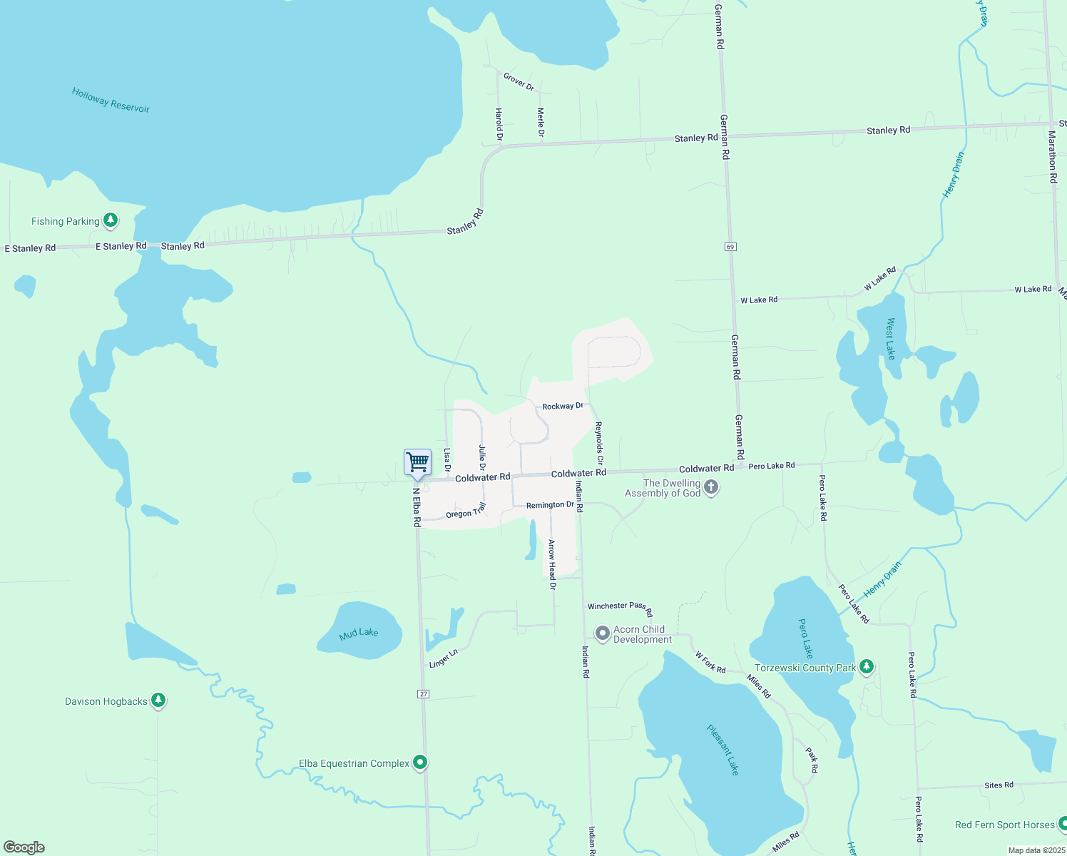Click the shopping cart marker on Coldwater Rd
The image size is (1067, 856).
point(417,462)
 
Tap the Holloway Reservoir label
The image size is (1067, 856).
point(111,100)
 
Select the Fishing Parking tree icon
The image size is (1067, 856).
point(110,220)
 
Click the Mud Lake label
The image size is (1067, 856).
point(359,633)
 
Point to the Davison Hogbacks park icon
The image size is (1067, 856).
point(158,700)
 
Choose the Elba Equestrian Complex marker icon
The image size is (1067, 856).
point(421,763)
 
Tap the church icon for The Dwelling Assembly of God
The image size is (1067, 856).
point(710,487)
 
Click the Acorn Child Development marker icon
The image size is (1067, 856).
point(603,633)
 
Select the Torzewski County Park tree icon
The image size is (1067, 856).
point(867,667)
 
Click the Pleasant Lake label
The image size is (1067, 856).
point(723,750)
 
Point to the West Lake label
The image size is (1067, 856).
point(890,339)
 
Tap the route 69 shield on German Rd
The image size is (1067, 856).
point(730,247)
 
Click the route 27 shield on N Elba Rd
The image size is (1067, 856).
point(424,694)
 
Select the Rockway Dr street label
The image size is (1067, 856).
point(563,406)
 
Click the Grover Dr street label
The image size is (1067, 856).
point(519,81)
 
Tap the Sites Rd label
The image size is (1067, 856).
point(999,785)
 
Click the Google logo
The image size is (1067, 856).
point(24,847)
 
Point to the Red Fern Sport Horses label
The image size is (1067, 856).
point(1004,825)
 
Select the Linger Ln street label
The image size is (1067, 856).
point(443,659)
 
